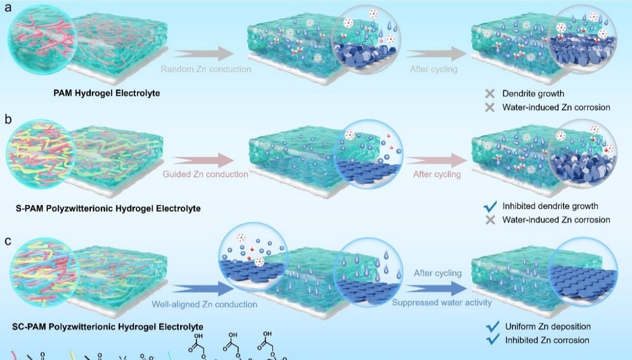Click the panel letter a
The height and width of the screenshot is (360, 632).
(x=8, y=8)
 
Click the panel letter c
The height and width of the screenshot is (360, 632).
(x=8, y=241)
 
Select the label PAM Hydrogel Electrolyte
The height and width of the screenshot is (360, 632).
(x=107, y=93)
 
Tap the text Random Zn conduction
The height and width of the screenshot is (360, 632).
(x=206, y=69)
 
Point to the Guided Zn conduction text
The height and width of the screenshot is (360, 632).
(x=205, y=174)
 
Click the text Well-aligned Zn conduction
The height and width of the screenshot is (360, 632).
(x=204, y=304)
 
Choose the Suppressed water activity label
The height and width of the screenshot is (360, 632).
(x=442, y=303)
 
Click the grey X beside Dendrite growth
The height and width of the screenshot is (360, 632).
(x=489, y=94)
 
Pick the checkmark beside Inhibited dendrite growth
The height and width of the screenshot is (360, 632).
(x=490, y=206)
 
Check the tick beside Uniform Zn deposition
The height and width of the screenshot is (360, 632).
(x=492, y=326)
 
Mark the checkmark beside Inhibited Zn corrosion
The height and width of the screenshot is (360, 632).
(x=492, y=340)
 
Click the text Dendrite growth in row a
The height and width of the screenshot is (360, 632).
(x=533, y=94)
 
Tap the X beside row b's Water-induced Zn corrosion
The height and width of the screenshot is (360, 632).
(x=489, y=220)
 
